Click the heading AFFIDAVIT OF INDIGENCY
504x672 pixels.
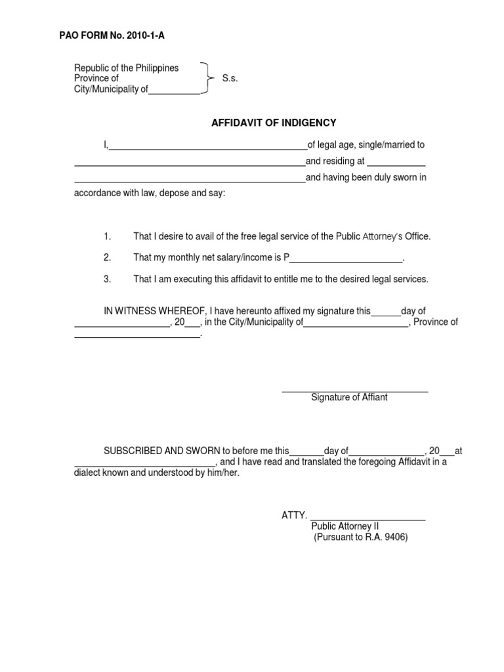pyautogui.click(x=273, y=123)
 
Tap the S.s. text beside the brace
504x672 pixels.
pyautogui.click(x=230, y=79)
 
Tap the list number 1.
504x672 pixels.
pyautogui.click(x=108, y=236)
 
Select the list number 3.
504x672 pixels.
pyautogui.click(x=108, y=279)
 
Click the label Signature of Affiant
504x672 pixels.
pyautogui.click(x=349, y=398)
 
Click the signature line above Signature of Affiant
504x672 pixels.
pyautogui.click(x=355, y=392)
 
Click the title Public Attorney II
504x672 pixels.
pyautogui.click(x=345, y=526)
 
